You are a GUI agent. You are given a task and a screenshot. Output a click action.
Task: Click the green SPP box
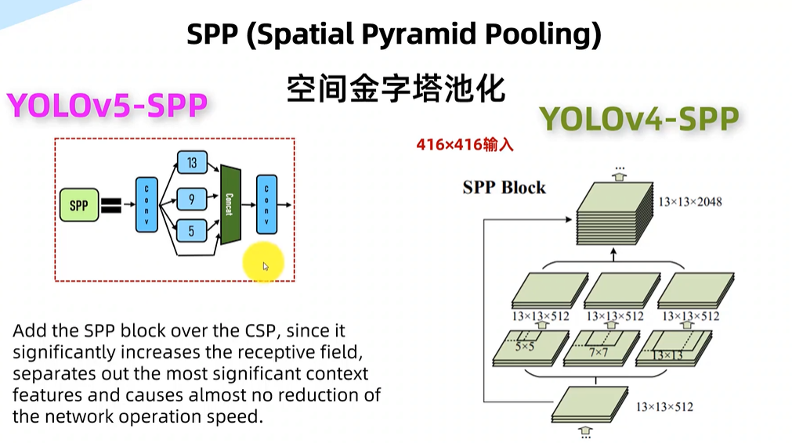[x=78, y=206]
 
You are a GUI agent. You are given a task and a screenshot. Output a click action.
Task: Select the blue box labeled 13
[x=192, y=163]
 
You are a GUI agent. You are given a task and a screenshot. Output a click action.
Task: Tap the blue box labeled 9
[x=192, y=200]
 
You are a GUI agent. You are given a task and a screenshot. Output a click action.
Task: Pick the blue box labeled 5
[x=192, y=230]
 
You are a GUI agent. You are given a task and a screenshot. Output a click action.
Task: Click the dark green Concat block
[x=230, y=204]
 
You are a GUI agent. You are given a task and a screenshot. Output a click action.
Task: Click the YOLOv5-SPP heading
[x=107, y=106]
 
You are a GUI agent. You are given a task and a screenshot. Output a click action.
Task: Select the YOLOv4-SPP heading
[x=638, y=119]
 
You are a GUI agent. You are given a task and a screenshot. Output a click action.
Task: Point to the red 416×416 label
[x=465, y=146]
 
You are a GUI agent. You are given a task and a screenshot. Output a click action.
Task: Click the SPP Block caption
[x=504, y=188]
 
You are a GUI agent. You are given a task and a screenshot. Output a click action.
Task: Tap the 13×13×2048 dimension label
[x=689, y=202]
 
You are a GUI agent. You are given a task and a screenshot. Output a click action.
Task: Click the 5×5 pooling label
[x=524, y=345]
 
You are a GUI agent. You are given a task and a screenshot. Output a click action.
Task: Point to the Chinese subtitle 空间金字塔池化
[x=395, y=88]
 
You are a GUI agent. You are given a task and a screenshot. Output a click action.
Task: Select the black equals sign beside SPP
[x=110, y=206]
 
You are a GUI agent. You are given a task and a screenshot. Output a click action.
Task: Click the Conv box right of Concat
[x=267, y=204]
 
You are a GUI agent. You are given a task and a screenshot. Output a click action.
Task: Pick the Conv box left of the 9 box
[x=146, y=205]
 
